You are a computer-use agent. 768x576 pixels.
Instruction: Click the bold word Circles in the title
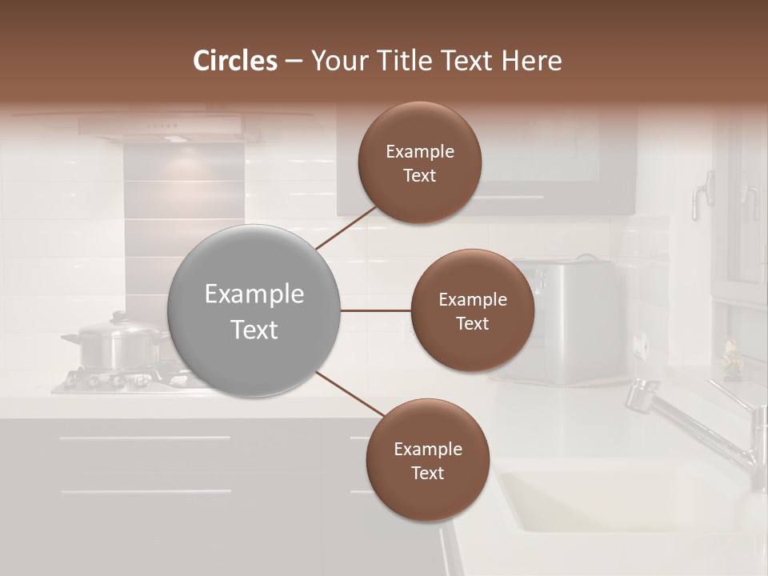(x=235, y=61)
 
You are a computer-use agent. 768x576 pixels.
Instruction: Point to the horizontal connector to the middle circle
(x=375, y=310)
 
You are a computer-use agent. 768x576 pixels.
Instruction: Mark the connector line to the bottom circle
(x=349, y=394)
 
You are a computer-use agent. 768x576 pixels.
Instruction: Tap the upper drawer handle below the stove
(x=144, y=438)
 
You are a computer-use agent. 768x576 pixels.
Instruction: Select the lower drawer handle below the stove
(x=144, y=491)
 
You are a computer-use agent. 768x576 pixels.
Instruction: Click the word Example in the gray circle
(x=254, y=294)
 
